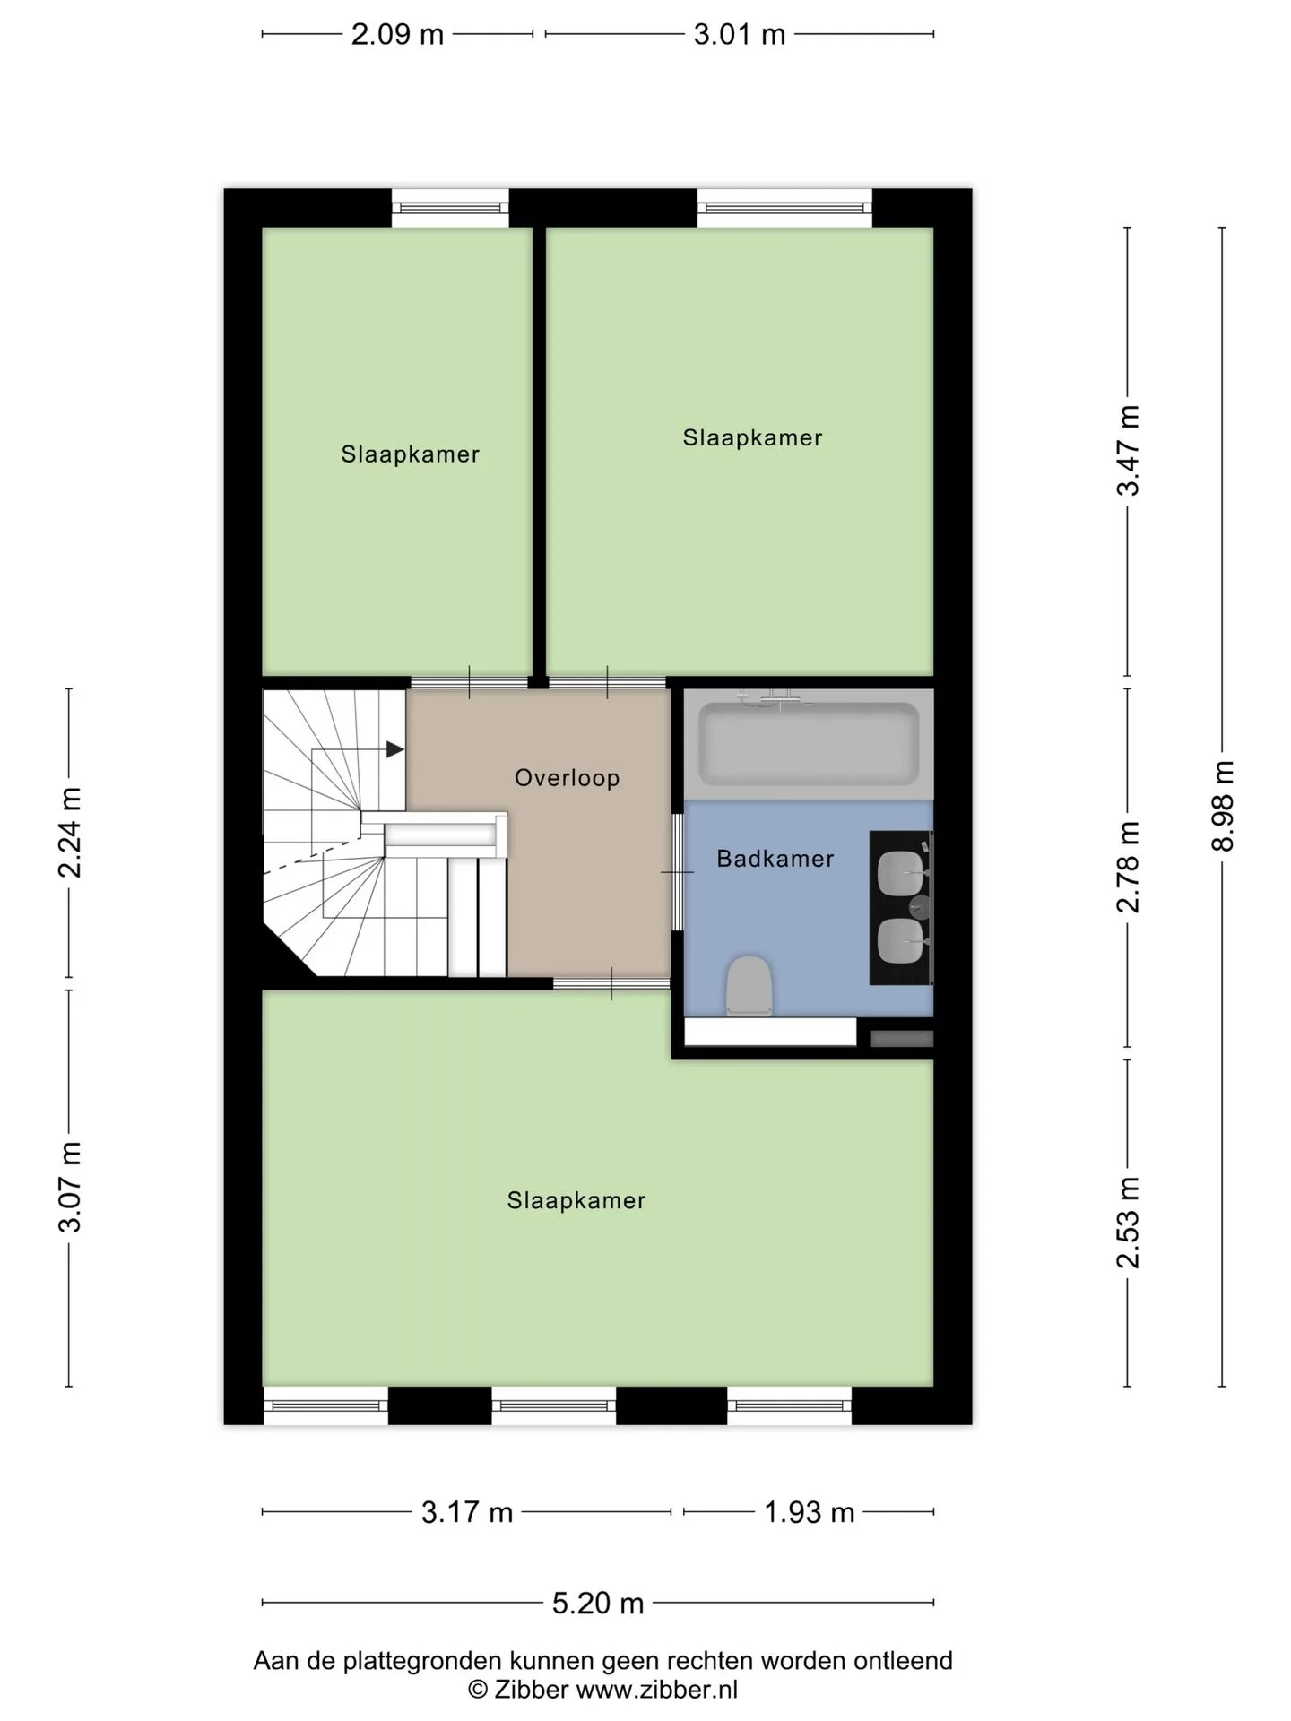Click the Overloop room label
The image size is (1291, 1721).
coord(567,777)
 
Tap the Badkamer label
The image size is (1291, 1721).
coord(775,859)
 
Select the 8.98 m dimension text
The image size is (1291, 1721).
coord(1224,806)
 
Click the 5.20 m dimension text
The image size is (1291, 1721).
coord(598,1603)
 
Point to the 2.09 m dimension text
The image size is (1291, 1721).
coord(397,34)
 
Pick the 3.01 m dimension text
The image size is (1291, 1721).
coord(740,34)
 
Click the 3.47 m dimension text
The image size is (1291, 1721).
coord(1128,450)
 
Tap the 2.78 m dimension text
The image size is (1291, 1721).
coord(1128,867)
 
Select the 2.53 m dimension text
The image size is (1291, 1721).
coord(1128,1223)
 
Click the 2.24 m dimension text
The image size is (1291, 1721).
coord(70,833)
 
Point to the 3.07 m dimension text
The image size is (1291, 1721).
coord(70,1188)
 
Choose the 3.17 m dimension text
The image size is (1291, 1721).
coord(467,1513)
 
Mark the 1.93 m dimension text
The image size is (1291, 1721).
coord(809,1513)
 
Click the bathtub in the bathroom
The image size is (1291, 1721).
coord(809,742)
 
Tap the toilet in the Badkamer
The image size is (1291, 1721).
coord(749,986)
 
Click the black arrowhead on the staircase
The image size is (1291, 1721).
coord(394,749)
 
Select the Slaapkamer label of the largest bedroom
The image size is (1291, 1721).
coord(576,1200)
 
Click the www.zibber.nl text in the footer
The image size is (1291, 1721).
coord(657,1690)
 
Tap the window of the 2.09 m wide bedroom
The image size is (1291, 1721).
coord(450,208)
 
